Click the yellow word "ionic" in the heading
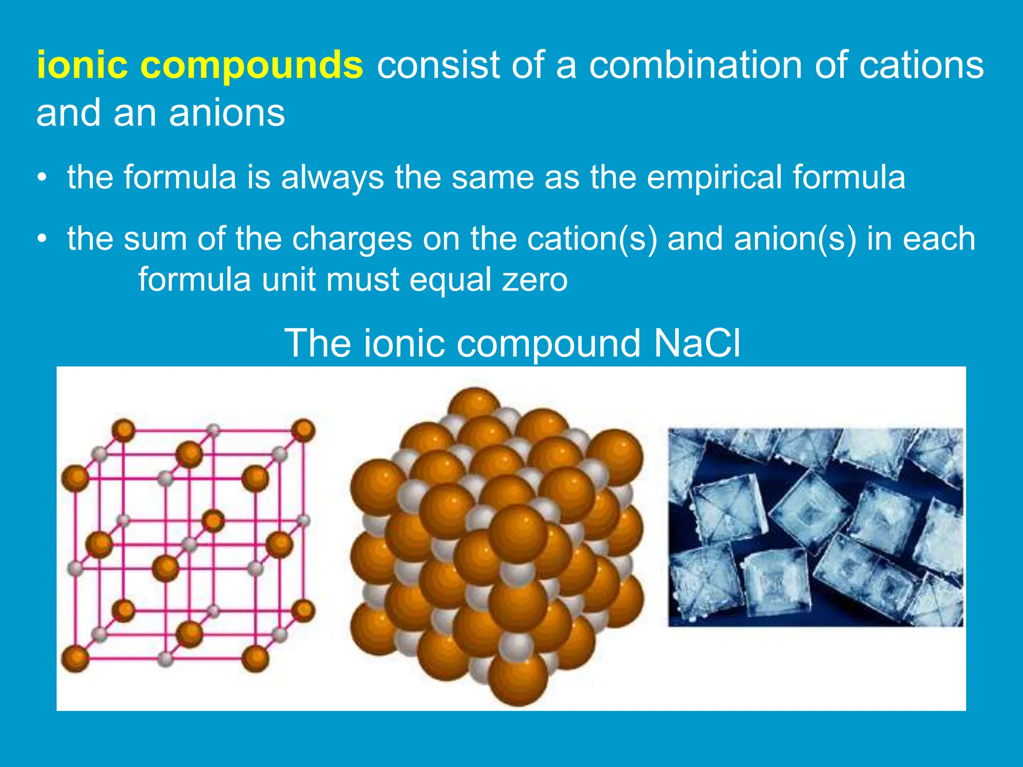click(83, 65)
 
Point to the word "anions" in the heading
click(227, 113)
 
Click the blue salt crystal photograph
click(815, 527)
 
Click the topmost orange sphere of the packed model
click(474, 404)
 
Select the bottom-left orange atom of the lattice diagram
click(75, 658)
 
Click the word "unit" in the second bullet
click(289, 280)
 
